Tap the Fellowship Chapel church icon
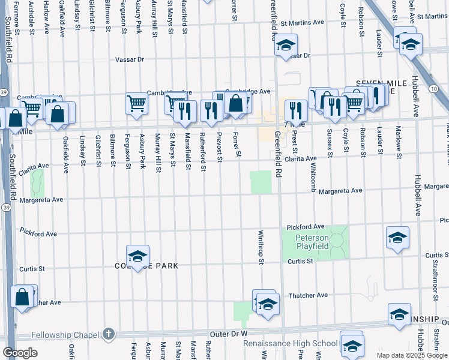[x=108, y=332]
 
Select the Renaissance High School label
[x=290, y=344]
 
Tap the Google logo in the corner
[x=20, y=352]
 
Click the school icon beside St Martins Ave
[x=286, y=45]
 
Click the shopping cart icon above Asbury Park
[x=136, y=103]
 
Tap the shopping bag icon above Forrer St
[x=236, y=103]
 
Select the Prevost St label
[x=220, y=147]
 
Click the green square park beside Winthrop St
[x=260, y=182]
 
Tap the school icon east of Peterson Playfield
[x=397, y=238]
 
